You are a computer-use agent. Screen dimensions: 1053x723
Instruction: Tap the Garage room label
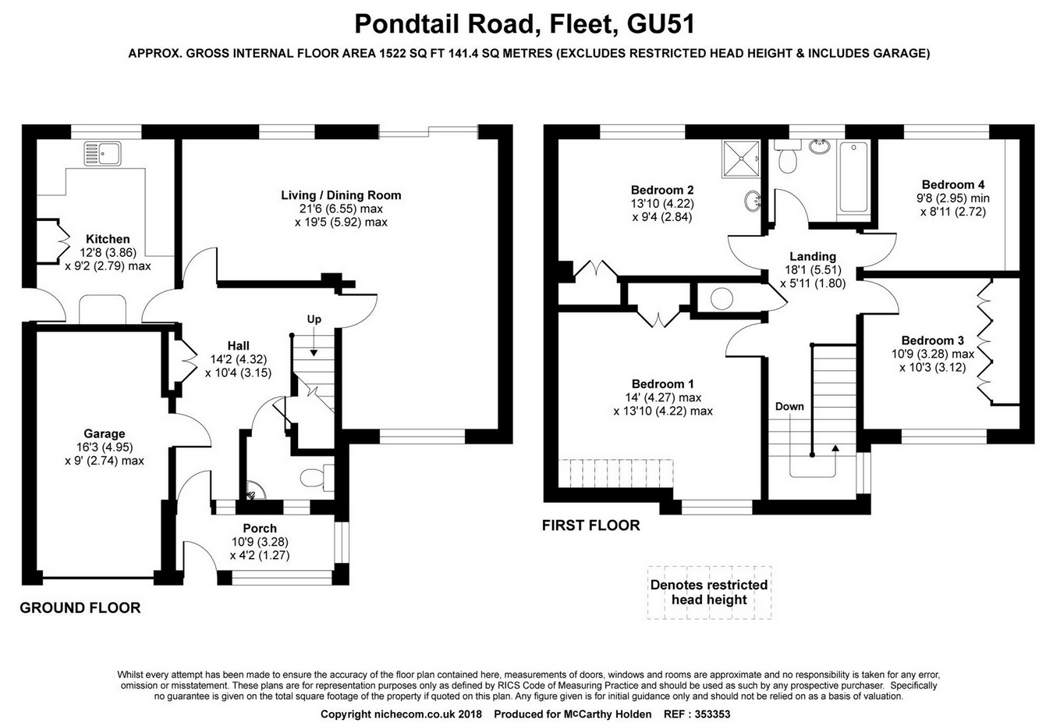[x=105, y=434]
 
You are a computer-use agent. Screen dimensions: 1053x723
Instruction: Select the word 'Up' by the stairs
[x=314, y=319]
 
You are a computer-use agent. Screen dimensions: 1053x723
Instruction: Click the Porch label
[x=260, y=529]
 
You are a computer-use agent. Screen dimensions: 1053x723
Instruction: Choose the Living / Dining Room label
[x=341, y=195]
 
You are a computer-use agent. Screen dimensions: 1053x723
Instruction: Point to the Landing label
[x=813, y=256]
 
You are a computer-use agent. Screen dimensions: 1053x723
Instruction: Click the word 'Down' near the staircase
[x=789, y=406]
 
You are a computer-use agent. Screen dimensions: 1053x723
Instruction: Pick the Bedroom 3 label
[x=932, y=340]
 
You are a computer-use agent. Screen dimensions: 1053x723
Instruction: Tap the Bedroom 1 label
[x=662, y=384]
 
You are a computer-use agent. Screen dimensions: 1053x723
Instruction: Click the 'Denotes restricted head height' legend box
[x=709, y=593]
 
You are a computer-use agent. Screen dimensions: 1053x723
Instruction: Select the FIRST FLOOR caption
[x=590, y=525]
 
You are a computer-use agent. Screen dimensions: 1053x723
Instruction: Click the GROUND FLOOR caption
[x=80, y=607]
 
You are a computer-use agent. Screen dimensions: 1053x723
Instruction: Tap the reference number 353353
[x=712, y=714]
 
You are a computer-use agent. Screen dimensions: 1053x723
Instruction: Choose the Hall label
[x=239, y=346]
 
